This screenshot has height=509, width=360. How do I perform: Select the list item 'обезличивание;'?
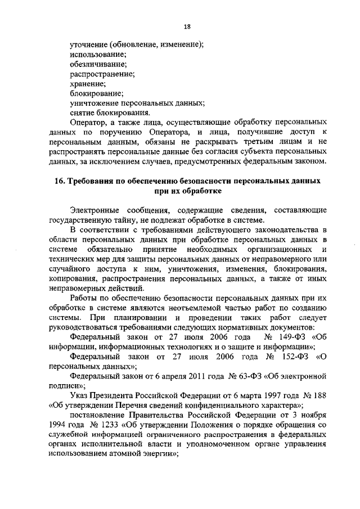coord(96,65)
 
